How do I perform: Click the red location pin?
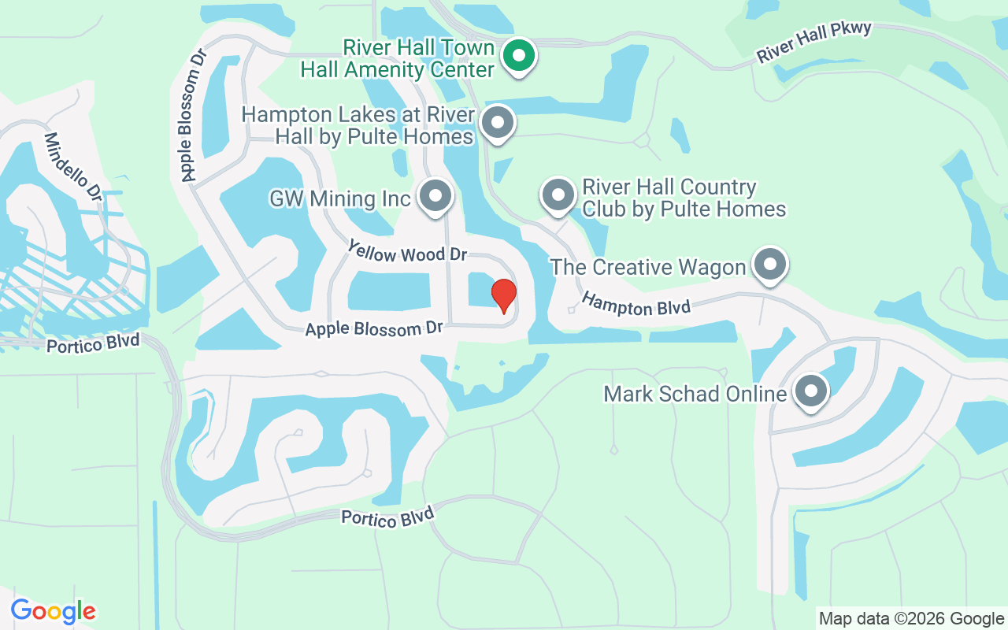tap(504, 295)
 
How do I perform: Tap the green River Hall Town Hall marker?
tap(519, 56)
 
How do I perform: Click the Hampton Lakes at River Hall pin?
tap(497, 124)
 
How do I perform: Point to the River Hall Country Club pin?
tap(558, 195)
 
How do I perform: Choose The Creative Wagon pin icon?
tap(770, 265)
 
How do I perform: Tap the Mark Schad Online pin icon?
tap(810, 391)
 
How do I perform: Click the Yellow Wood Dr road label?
tap(407, 252)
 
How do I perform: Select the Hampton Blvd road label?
tap(636, 304)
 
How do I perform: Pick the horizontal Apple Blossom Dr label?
tap(374, 328)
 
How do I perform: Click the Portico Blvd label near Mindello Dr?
tap(93, 344)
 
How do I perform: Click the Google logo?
tap(53, 611)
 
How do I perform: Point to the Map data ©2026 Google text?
tap(911, 619)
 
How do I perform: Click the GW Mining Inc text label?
tap(340, 198)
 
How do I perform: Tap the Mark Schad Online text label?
tap(695, 394)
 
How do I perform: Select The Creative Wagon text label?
tap(647, 267)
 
